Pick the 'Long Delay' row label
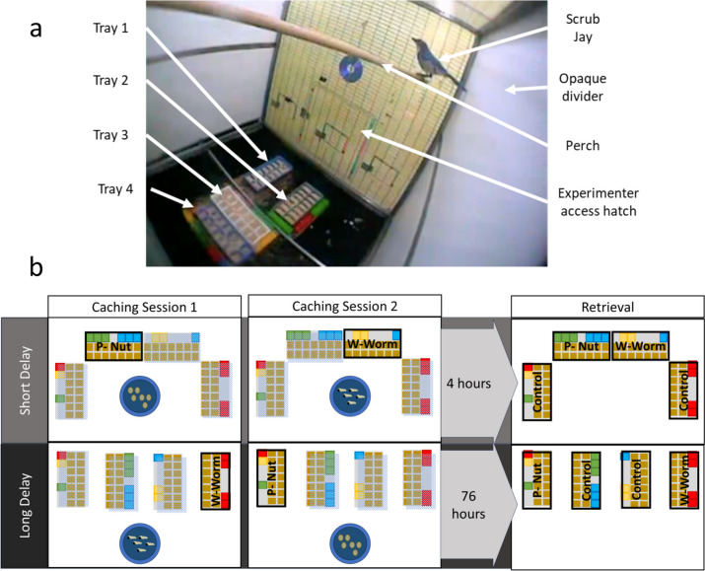(x=22, y=506)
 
